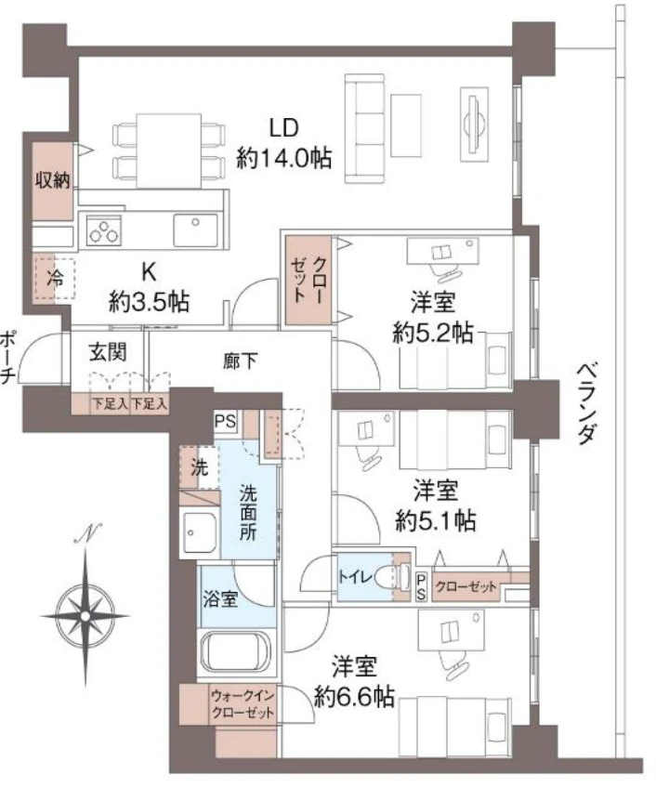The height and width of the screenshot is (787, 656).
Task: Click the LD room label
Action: [x=283, y=127]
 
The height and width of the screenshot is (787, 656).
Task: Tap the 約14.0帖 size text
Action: [x=284, y=158]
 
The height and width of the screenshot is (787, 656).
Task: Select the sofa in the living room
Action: [x=365, y=128]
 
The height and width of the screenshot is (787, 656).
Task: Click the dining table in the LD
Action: [x=169, y=151]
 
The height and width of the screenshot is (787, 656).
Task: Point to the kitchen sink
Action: [x=196, y=230]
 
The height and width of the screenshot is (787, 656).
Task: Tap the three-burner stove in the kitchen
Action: [x=104, y=230]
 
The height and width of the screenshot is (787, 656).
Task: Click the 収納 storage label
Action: [x=53, y=180]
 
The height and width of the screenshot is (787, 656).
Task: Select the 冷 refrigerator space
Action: [x=55, y=278]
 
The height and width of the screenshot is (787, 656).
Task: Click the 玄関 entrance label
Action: [x=108, y=352]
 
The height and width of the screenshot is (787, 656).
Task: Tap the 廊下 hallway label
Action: [x=241, y=361]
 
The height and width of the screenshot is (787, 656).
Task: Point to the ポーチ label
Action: [x=8, y=357]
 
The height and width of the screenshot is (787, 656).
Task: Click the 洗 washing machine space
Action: [x=199, y=467]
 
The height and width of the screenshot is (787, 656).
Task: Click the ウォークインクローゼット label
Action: [x=243, y=703]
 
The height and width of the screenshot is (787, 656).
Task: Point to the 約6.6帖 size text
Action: [x=354, y=697]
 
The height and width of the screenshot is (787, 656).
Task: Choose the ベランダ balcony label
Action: [x=585, y=403]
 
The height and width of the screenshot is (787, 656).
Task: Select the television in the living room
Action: [x=474, y=124]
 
